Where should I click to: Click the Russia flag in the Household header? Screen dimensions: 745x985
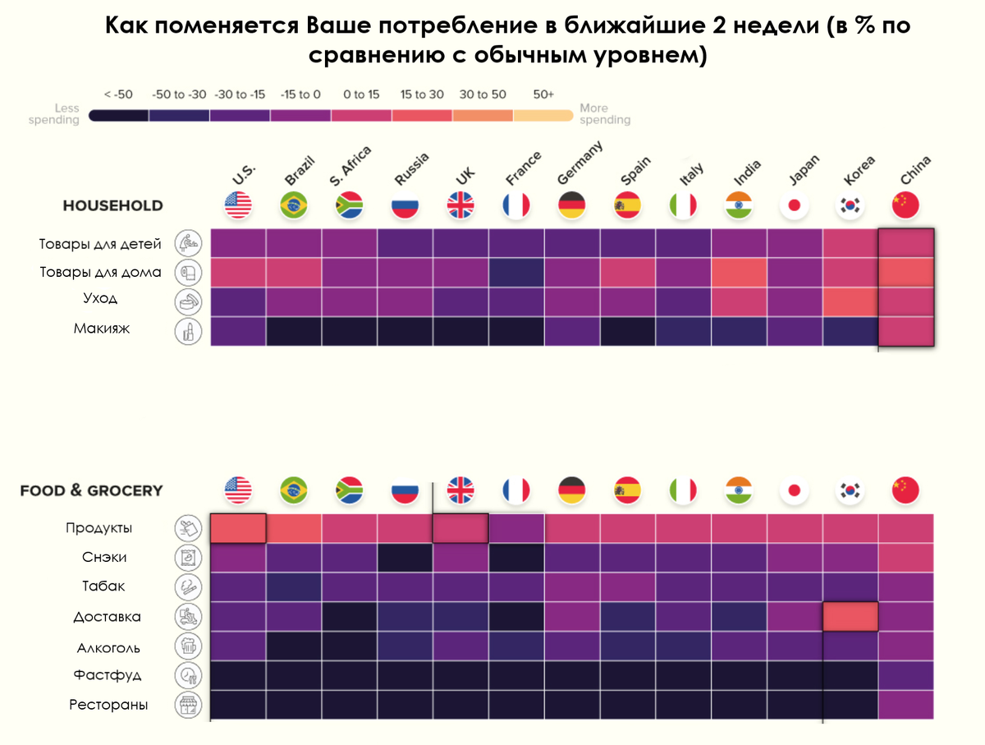click(405, 205)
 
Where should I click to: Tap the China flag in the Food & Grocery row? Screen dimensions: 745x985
click(905, 490)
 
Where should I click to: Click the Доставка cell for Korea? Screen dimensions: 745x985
click(850, 617)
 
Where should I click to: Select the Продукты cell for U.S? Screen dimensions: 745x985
click(238, 528)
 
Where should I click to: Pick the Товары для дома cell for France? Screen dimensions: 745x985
click(516, 273)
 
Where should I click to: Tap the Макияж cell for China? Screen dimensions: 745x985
click(906, 330)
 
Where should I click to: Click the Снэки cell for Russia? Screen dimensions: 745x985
click(405, 558)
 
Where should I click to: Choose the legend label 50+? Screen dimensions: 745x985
click(543, 94)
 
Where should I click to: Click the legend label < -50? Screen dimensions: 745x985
click(118, 94)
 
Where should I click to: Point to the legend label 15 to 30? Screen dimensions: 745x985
click(422, 94)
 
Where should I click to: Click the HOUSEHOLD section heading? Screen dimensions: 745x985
click(112, 205)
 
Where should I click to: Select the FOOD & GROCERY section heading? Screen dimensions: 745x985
click(91, 490)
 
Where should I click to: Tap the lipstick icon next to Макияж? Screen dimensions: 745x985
click(189, 331)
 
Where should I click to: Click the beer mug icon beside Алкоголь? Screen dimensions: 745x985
click(189, 647)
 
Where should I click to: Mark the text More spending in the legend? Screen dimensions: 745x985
click(605, 114)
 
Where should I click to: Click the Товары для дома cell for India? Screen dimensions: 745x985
click(739, 273)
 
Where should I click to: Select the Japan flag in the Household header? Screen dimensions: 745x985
click(795, 205)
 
